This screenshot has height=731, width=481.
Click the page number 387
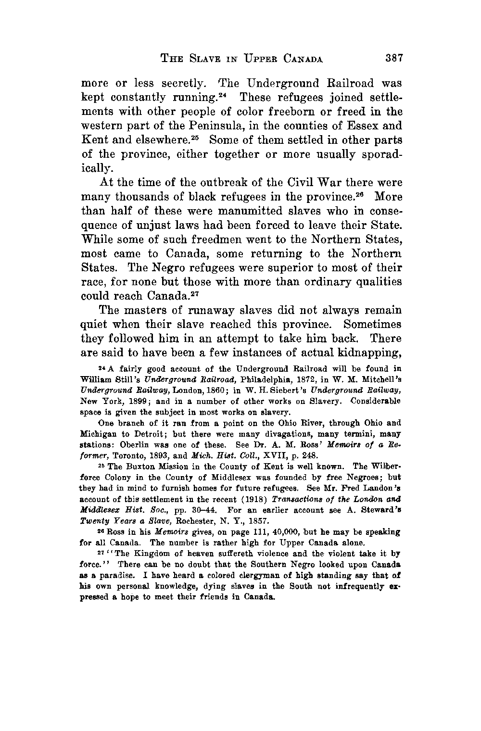393,59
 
